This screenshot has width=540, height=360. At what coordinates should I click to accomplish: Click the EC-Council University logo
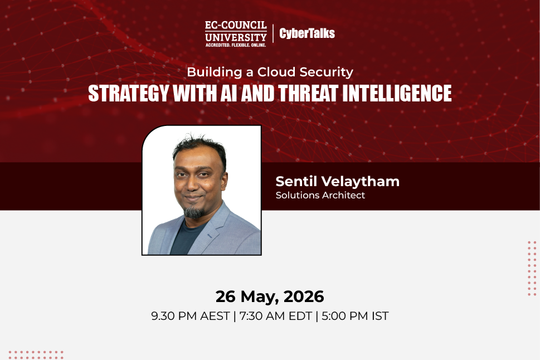tap(236, 34)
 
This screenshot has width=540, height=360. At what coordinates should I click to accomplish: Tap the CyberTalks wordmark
tap(307, 33)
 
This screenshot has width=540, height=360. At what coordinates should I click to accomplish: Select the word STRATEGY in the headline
tap(129, 93)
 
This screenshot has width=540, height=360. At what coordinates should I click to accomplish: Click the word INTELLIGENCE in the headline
tap(397, 93)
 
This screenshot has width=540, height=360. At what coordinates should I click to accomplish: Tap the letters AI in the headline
tap(228, 93)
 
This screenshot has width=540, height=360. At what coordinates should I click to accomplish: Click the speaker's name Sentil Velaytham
tap(338, 181)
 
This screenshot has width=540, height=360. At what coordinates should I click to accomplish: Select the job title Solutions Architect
tap(320, 195)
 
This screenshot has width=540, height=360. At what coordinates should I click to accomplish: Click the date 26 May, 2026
tap(270, 296)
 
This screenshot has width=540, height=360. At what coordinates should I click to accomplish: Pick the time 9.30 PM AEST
tap(191, 316)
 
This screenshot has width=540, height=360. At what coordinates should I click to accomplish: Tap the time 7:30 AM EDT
tap(275, 316)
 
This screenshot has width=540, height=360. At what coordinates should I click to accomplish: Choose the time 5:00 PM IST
tap(355, 316)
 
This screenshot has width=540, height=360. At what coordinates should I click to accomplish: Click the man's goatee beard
tap(193, 212)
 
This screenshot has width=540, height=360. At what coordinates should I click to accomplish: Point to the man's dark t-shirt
tap(186, 239)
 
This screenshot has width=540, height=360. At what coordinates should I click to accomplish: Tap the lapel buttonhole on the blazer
tap(211, 236)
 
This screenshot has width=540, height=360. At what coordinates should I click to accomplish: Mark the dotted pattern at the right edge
tap(532, 269)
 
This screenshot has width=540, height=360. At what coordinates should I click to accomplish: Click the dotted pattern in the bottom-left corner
tap(36, 355)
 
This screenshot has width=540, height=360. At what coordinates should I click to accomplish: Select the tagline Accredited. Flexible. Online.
tap(236, 45)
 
